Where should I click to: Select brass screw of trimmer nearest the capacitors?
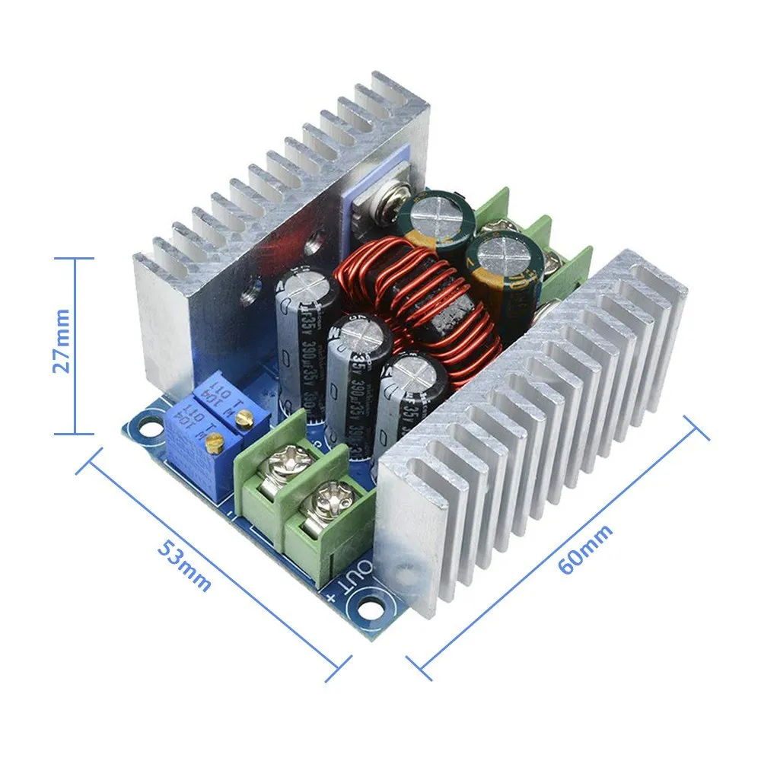tap(244, 416)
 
